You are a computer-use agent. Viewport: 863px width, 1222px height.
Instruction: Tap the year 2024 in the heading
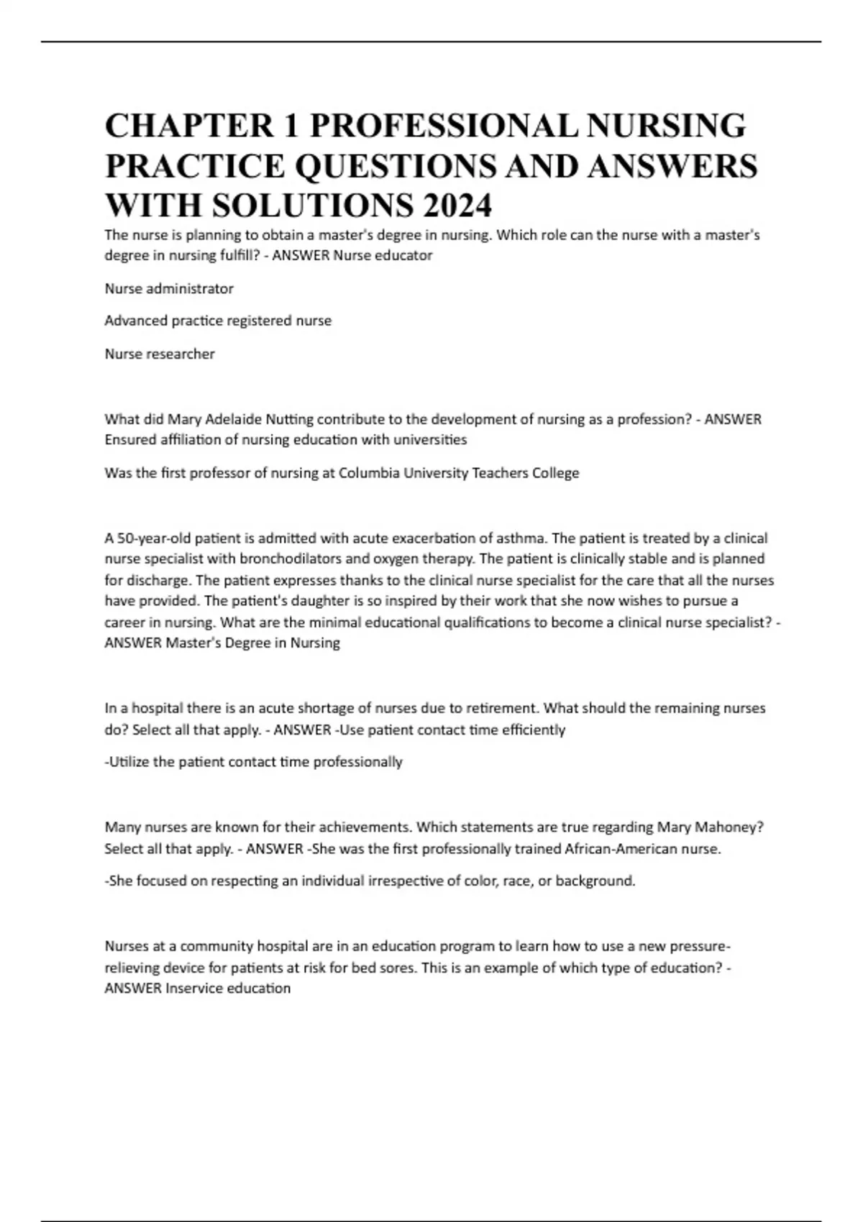point(457,206)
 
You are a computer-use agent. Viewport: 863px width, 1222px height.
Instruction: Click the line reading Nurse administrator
point(169,289)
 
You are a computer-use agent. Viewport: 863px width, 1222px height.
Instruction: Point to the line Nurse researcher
point(160,354)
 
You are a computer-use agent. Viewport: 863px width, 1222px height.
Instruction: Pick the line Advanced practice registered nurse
point(218,321)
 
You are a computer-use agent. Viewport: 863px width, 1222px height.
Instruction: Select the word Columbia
point(367,473)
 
